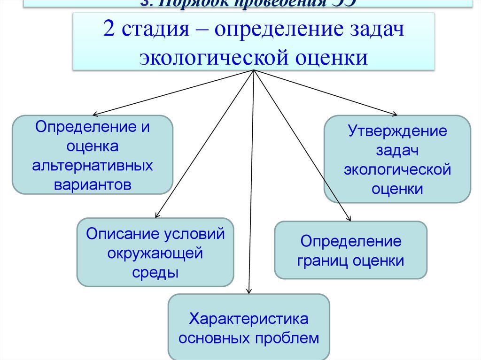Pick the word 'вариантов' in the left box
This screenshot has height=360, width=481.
[x=92, y=184]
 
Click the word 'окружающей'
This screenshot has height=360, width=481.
[x=155, y=253]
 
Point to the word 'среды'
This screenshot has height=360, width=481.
[x=155, y=272]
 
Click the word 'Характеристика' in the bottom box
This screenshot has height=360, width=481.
[x=249, y=319]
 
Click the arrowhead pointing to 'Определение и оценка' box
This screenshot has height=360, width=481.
[x=94, y=114]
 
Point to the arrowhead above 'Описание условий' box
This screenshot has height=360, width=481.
[x=157, y=215]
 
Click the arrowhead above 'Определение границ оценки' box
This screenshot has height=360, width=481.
[x=349, y=219]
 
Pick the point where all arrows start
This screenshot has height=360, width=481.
[x=254, y=71]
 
